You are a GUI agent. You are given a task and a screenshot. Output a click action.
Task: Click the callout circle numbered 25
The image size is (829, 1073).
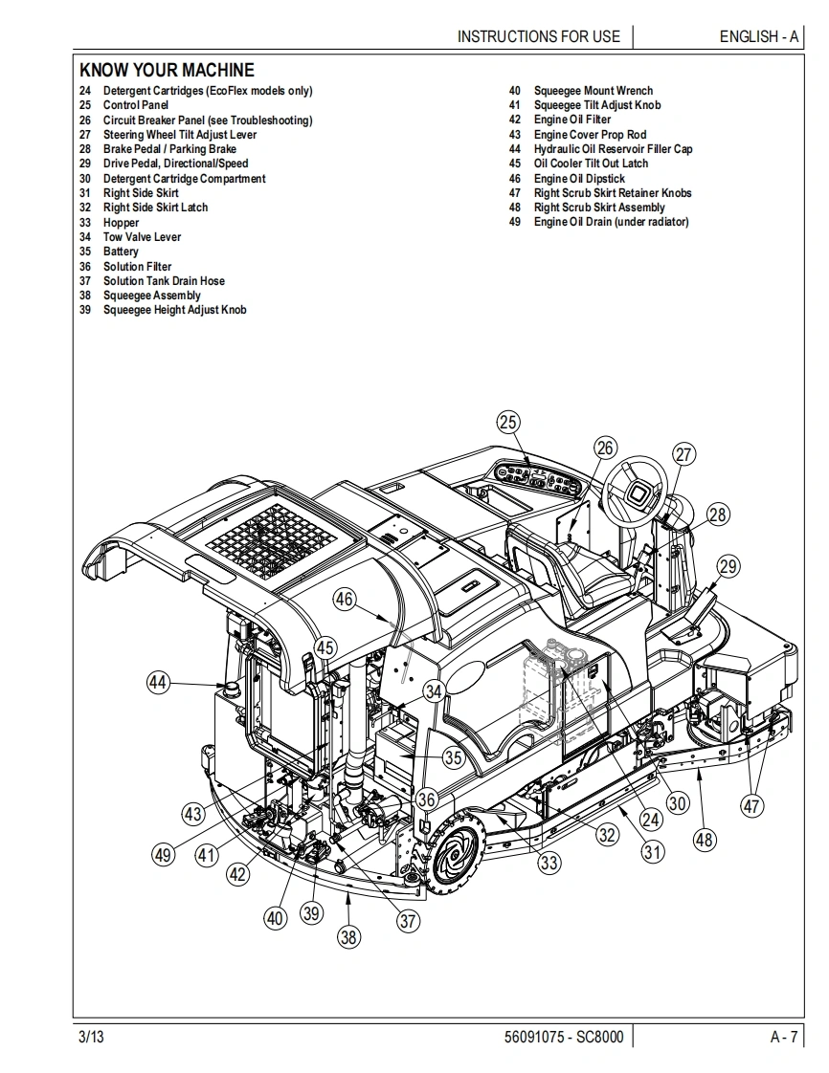(507, 423)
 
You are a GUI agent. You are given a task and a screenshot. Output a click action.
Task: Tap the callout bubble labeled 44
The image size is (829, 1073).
(158, 682)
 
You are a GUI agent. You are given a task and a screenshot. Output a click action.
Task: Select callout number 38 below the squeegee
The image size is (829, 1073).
(348, 936)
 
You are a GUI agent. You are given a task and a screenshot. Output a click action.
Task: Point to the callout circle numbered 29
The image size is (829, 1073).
(728, 566)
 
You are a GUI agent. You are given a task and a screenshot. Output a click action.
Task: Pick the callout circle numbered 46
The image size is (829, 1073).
(344, 600)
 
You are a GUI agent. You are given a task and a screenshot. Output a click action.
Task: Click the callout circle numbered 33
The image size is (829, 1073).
(549, 863)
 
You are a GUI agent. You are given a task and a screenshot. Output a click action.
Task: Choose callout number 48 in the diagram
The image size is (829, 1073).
(704, 839)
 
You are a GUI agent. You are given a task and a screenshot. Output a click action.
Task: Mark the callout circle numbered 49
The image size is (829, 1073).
(163, 855)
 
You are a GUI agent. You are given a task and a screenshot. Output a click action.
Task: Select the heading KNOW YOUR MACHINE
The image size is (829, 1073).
(167, 70)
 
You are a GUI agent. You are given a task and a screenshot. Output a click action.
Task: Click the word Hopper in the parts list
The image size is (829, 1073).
(122, 223)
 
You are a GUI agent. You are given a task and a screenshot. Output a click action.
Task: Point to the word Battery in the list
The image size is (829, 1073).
(121, 252)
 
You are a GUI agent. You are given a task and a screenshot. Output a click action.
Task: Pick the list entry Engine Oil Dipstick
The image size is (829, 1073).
(579, 179)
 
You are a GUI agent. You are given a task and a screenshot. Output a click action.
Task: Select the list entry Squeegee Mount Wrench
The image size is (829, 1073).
(594, 90)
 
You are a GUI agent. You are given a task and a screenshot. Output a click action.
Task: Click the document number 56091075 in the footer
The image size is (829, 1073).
(533, 1037)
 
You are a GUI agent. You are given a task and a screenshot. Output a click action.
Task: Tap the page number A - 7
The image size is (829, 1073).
(784, 1037)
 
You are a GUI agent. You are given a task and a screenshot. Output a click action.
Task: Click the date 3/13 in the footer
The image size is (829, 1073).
(91, 1037)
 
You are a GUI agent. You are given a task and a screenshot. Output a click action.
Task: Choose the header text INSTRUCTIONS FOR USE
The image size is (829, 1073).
(539, 36)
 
